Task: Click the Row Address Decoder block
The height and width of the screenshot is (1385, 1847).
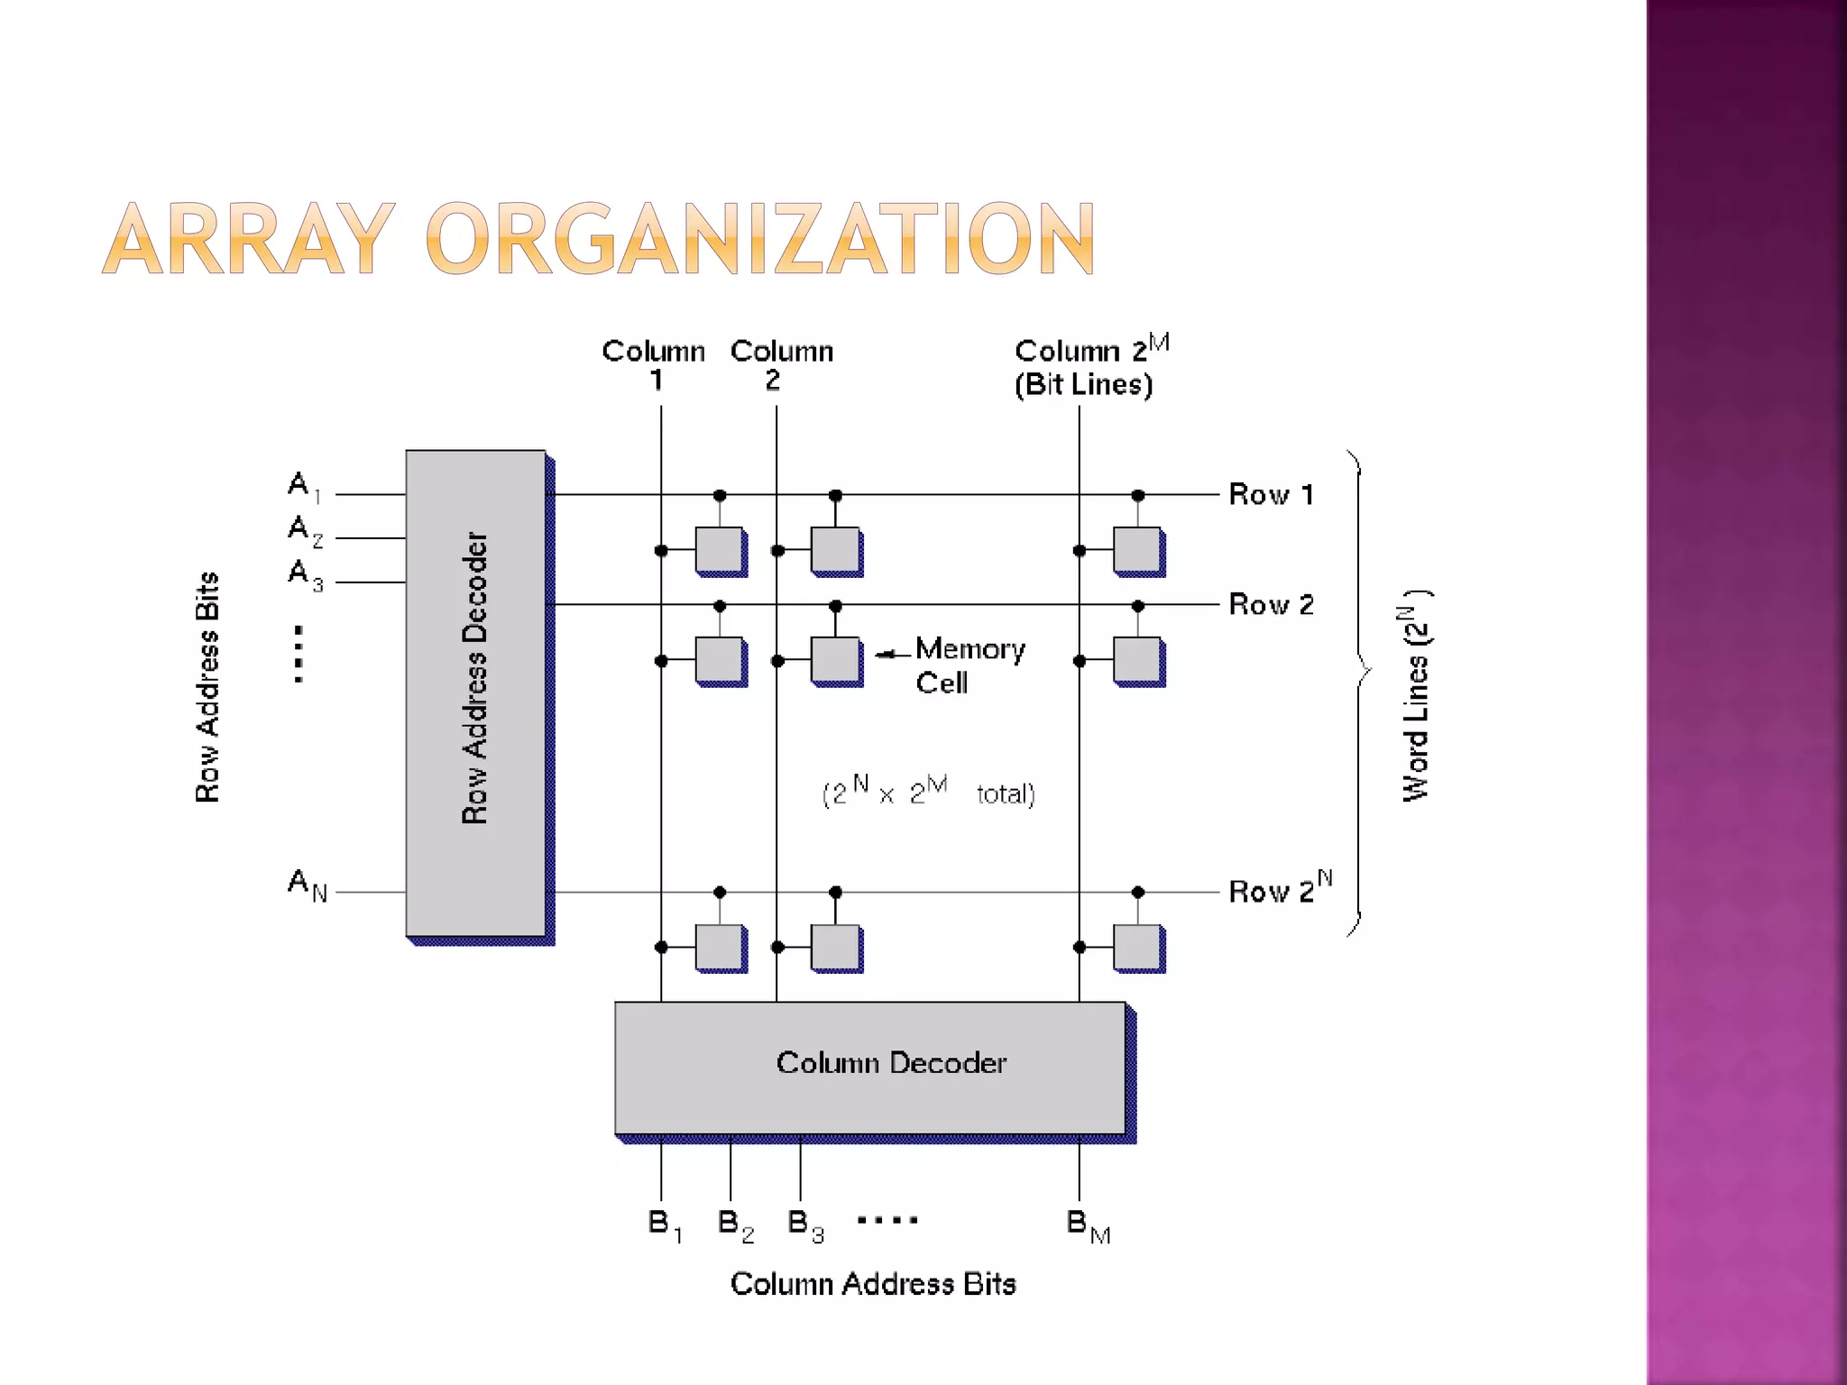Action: (475, 692)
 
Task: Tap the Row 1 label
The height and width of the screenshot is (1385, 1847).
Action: (1271, 494)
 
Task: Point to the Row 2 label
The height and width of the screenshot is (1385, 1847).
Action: (1271, 604)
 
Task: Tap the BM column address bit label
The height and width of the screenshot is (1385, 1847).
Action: (1088, 1225)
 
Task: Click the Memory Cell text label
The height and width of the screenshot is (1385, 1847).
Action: (969, 665)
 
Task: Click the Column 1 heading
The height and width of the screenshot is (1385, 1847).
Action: (654, 364)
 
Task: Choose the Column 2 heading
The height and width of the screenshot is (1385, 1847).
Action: (781, 364)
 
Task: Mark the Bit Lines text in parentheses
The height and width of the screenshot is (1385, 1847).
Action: (1083, 385)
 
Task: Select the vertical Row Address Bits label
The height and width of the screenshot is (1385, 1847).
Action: (207, 687)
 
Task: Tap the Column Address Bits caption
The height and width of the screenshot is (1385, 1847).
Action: (872, 1283)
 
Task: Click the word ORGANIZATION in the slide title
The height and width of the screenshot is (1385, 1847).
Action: (759, 239)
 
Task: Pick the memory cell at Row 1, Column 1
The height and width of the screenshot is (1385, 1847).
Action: (720, 550)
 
